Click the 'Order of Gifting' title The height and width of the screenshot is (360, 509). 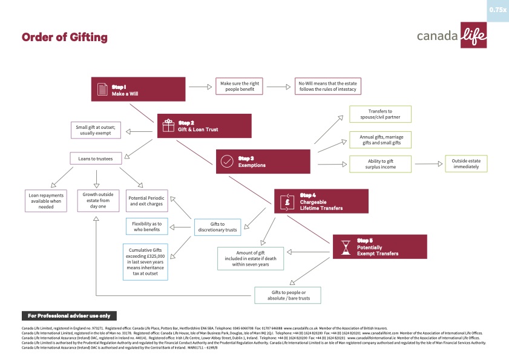[x=64, y=38]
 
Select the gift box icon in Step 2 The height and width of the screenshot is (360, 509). [x=168, y=126]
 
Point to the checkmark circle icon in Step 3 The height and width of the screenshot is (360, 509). [x=227, y=162]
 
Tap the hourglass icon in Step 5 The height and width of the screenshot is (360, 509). [x=344, y=247]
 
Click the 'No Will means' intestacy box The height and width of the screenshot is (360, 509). [x=328, y=87]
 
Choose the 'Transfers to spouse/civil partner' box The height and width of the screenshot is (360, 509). [x=381, y=114]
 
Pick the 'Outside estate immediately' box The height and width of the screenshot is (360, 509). [x=466, y=163]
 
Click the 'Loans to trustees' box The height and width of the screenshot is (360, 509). [x=96, y=159]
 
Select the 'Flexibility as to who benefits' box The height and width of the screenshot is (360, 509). [x=147, y=227]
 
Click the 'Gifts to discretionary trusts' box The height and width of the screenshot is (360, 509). [x=217, y=227]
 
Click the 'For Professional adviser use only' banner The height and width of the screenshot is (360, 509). [x=69, y=316]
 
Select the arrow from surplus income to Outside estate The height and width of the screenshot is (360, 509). [x=427, y=163]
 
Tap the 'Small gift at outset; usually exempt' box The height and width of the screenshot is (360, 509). [x=99, y=130]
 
